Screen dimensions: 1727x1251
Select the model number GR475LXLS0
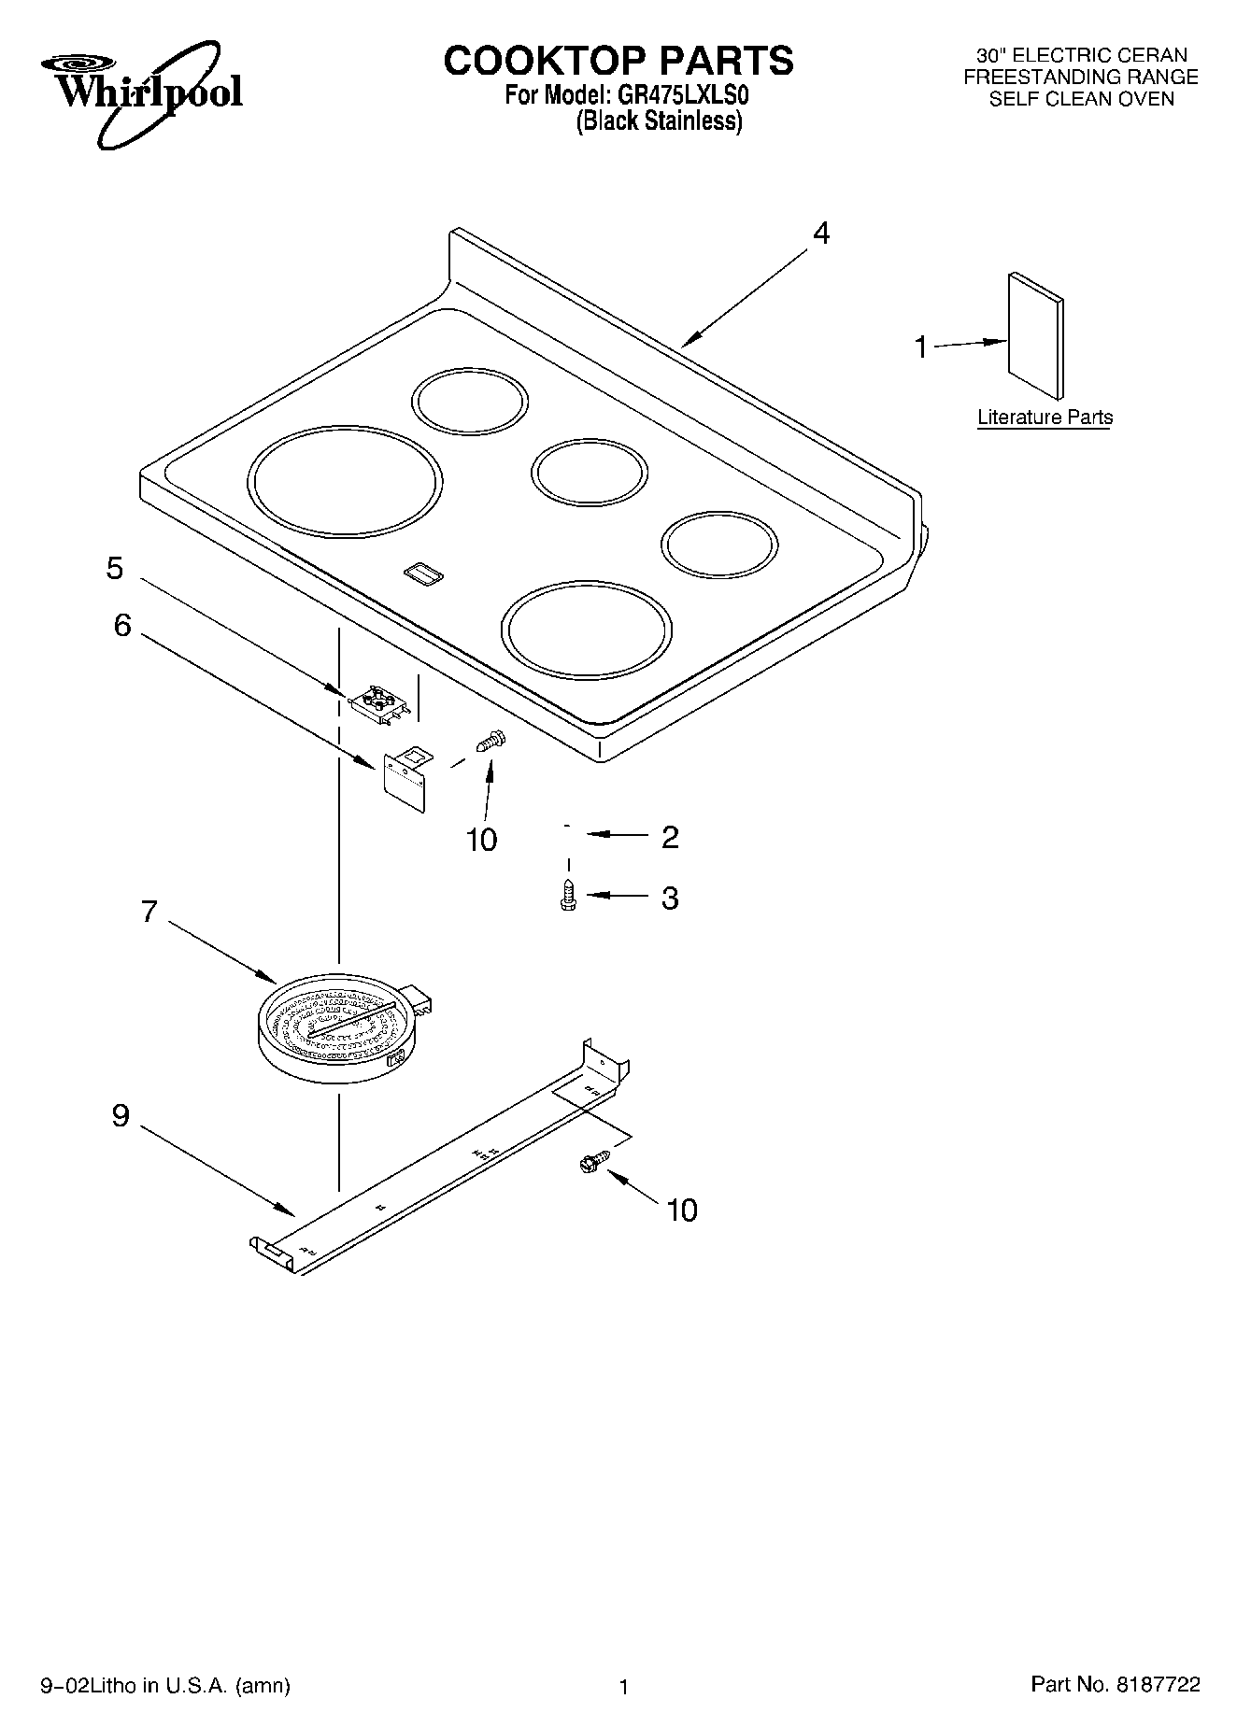[x=682, y=94]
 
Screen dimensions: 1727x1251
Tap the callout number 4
[x=820, y=233]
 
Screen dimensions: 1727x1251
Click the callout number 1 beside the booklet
[x=921, y=347]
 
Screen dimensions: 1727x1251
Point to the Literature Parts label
[x=1045, y=418]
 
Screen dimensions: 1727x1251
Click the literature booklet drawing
[x=1035, y=335]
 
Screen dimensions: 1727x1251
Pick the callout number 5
[x=115, y=568]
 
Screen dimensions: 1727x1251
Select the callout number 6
[x=122, y=625]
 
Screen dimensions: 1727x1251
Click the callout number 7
[x=149, y=911]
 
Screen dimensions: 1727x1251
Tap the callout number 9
[x=121, y=1115]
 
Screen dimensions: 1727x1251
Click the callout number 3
[x=669, y=898]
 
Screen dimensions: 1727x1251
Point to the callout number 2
[x=669, y=837]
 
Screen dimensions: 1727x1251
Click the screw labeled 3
[x=567, y=895]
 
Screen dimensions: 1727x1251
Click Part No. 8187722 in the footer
[x=1115, y=1684]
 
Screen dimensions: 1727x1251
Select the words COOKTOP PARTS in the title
[x=618, y=61]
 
